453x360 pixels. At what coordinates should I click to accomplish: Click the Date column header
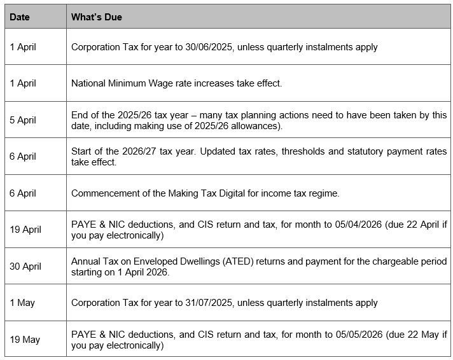tap(20, 17)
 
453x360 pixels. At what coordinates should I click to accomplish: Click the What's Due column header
tap(96, 17)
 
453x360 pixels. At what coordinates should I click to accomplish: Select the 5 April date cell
tap(23, 120)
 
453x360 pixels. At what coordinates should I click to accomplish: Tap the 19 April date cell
tap(25, 230)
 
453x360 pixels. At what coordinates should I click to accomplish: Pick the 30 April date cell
tap(25, 267)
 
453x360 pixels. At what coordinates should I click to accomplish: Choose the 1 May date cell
tap(22, 303)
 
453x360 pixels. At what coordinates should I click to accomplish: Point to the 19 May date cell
tap(25, 340)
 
